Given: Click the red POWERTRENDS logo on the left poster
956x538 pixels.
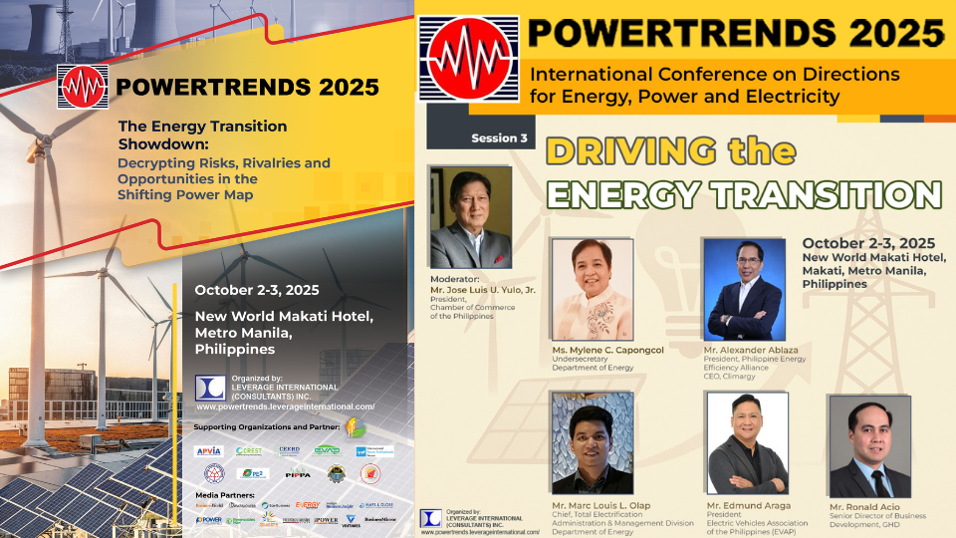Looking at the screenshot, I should pos(82,87).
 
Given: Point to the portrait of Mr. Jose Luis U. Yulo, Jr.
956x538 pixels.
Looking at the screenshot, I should pos(470,217).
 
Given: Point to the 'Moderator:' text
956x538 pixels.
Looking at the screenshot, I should pos(455,280).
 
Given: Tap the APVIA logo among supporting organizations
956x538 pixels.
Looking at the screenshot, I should pos(208,450).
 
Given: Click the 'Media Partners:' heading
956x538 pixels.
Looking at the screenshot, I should pos(225,495).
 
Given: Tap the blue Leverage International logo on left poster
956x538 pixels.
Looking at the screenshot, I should pos(209,388).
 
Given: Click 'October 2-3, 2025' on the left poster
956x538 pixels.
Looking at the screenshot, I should pos(257,291).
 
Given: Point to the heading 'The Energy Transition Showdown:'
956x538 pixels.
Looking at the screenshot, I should pos(202,134).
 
